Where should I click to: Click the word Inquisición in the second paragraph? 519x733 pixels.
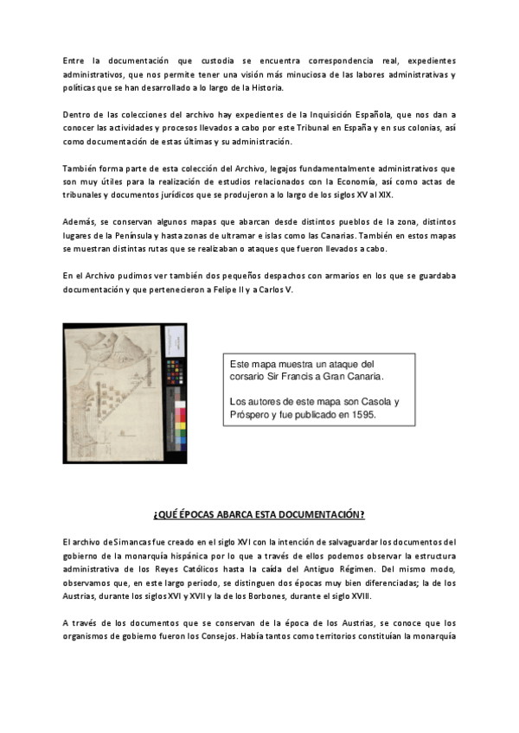point(344,115)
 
